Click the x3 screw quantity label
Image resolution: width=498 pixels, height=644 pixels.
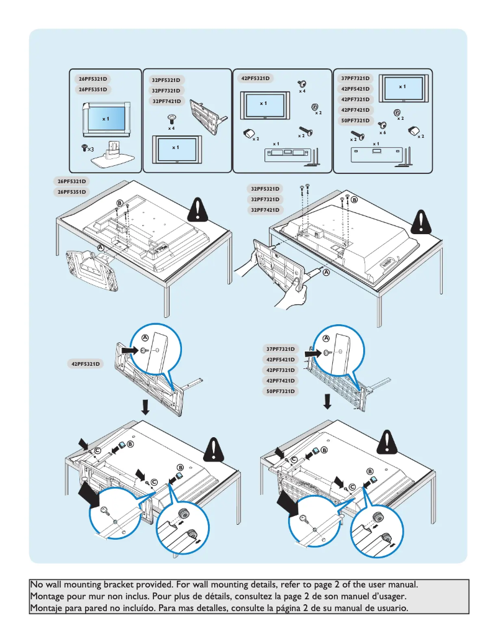(90, 149)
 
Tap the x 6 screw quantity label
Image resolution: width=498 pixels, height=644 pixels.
(383, 134)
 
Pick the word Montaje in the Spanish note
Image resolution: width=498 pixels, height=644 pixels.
(48, 608)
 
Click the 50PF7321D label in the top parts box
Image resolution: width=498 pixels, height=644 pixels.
(356, 120)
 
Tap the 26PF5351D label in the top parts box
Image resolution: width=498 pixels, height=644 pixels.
(93, 89)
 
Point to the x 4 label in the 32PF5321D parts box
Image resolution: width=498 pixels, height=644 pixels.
(171, 129)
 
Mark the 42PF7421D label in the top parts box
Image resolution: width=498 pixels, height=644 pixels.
(356, 110)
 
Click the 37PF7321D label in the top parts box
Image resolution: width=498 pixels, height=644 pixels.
(356, 79)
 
